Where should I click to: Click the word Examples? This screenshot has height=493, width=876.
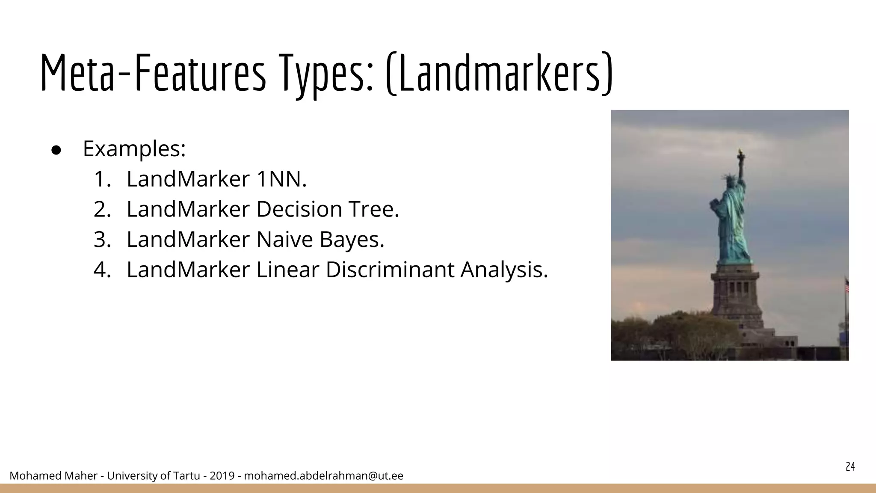point(134,149)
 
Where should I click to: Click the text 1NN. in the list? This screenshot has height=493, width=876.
point(281,179)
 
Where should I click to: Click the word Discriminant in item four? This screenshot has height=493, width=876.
point(390,270)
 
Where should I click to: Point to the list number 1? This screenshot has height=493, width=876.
point(102,179)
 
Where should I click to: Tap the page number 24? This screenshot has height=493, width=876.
point(850,467)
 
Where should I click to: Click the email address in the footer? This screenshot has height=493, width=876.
point(323,476)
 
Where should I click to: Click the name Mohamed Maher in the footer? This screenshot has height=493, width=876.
point(53,476)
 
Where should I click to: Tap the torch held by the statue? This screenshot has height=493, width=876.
point(740,154)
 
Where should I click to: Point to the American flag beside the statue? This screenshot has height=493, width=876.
point(846,285)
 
